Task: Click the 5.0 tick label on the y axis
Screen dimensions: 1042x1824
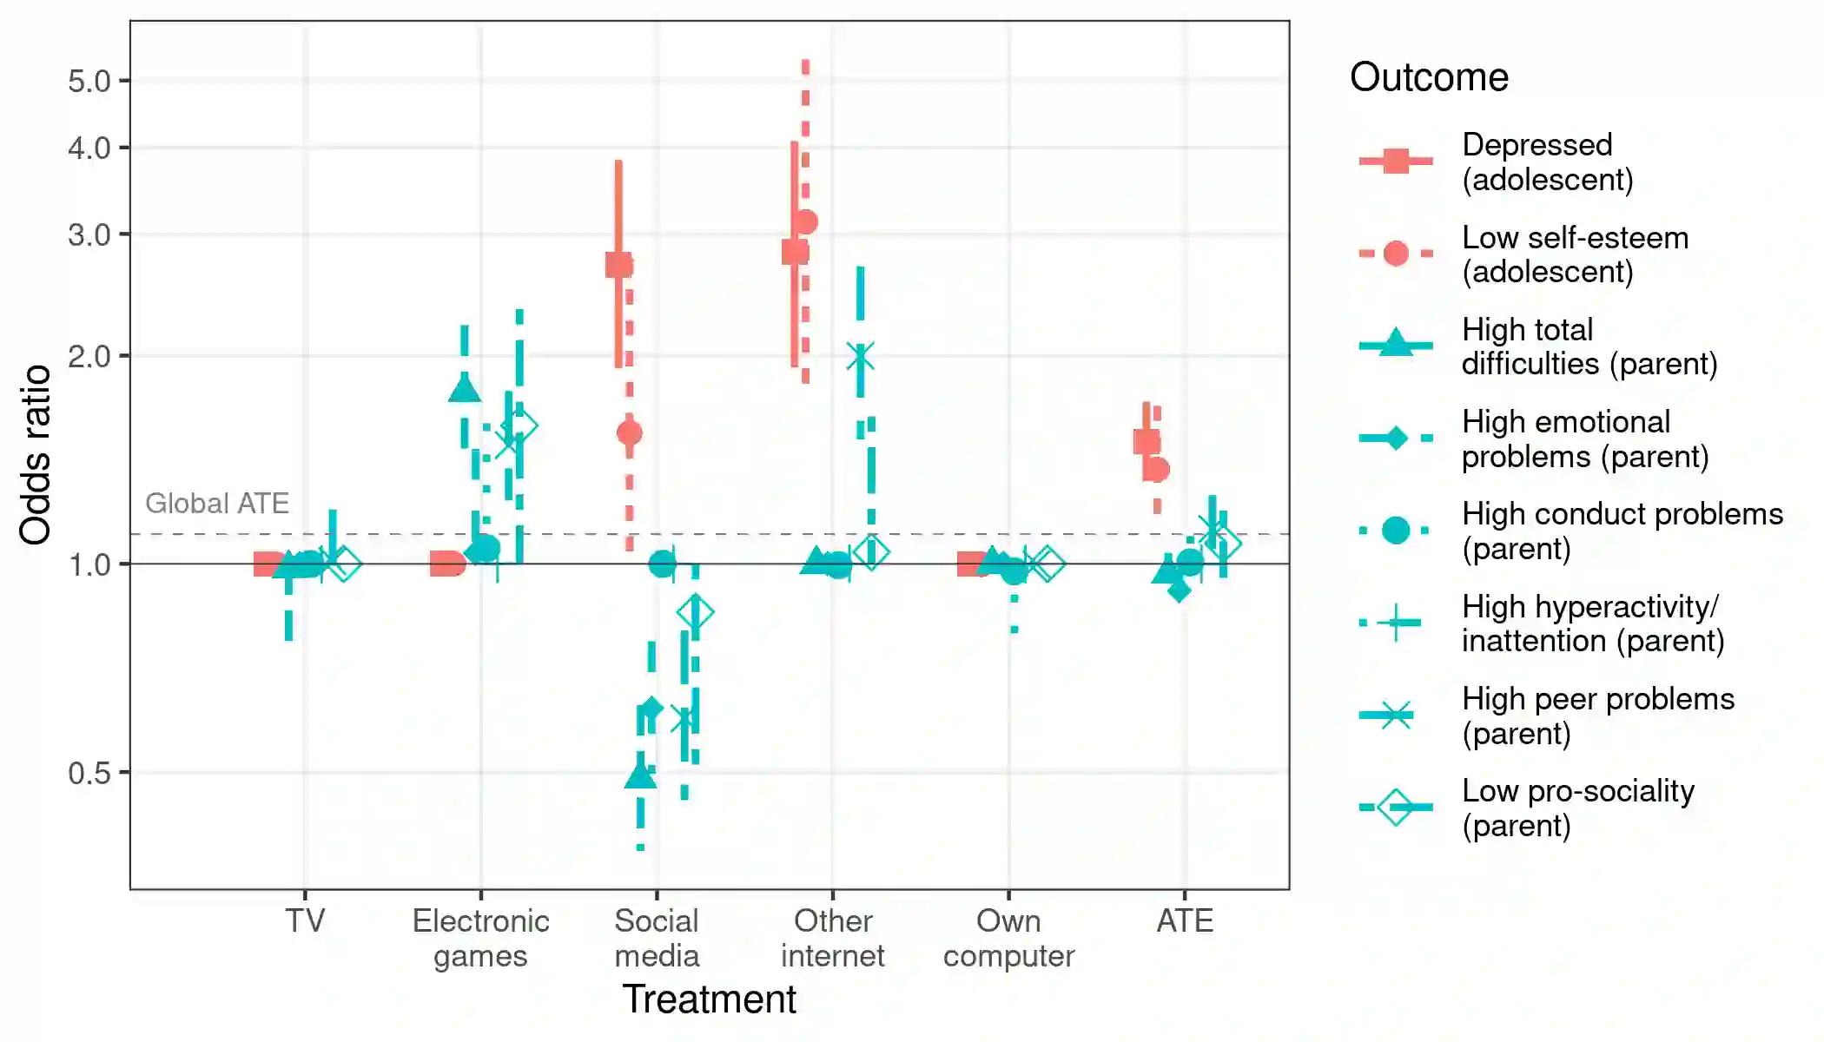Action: tap(89, 82)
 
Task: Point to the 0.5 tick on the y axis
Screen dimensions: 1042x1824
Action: tap(89, 773)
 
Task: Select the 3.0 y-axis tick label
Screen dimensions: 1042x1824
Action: tap(89, 235)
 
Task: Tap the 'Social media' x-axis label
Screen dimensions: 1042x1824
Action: tap(657, 938)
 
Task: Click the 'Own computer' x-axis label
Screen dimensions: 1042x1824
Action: tap(1008, 938)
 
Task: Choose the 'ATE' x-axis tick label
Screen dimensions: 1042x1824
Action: tap(1184, 920)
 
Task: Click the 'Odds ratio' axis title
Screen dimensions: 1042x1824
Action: tap(36, 455)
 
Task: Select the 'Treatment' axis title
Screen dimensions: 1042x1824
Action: tap(709, 999)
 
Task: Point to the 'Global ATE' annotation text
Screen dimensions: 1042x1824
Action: tap(217, 504)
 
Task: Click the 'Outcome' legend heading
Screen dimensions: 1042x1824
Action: tap(1429, 77)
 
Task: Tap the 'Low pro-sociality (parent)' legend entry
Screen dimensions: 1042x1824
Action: tap(1577, 808)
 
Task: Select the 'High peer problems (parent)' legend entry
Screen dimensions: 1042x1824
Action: tap(1597, 716)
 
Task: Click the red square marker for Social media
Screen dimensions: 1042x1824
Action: tap(618, 265)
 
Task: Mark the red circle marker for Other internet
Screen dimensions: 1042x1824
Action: tap(806, 222)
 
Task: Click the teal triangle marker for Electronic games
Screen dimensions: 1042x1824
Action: tap(465, 388)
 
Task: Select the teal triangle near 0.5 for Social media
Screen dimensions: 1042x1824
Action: tap(640, 775)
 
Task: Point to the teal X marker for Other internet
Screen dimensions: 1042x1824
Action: tap(860, 356)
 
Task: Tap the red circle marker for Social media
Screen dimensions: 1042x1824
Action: tap(630, 432)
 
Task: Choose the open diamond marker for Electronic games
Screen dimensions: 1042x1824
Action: tap(519, 425)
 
